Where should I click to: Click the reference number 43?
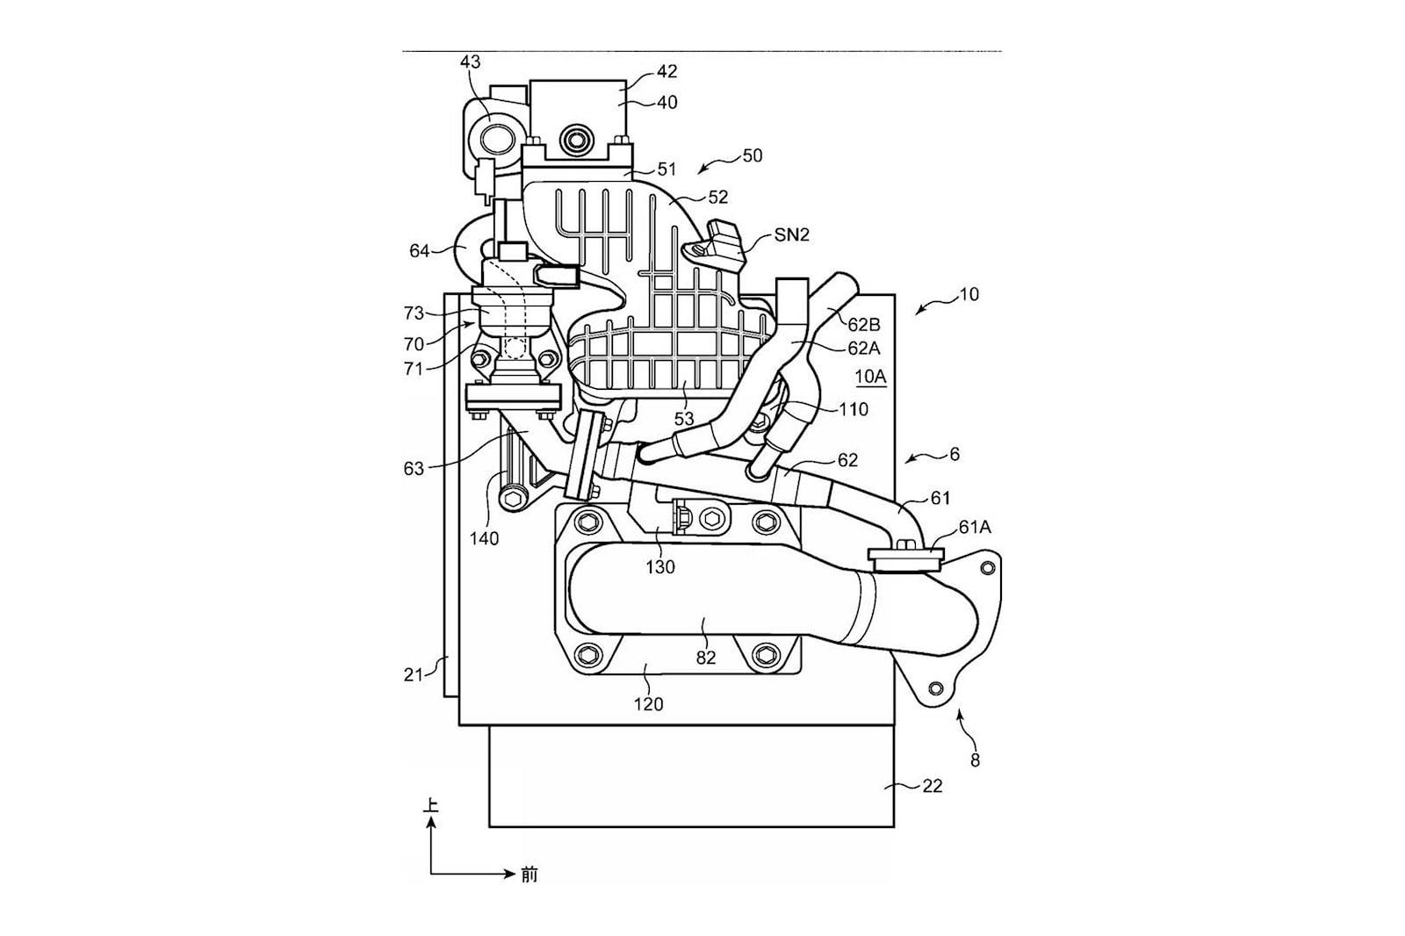(471, 62)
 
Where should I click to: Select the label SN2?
(791, 235)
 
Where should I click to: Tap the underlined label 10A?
(870, 377)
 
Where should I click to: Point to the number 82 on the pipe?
(706, 658)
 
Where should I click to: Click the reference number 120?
(648, 704)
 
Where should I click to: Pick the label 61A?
(975, 528)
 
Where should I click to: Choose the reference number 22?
(933, 786)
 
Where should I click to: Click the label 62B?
(864, 325)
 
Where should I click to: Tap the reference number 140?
(484, 538)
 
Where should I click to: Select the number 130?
(660, 567)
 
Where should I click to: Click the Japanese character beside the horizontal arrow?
(530, 875)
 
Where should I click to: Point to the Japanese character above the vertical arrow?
(430, 805)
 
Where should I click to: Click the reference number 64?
(419, 251)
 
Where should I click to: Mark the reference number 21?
(413, 675)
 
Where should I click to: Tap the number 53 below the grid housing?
(684, 419)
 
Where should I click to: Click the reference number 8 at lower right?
(975, 760)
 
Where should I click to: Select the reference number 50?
(752, 155)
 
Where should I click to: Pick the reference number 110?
(854, 410)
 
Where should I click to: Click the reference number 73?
(414, 313)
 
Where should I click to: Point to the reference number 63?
(414, 469)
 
